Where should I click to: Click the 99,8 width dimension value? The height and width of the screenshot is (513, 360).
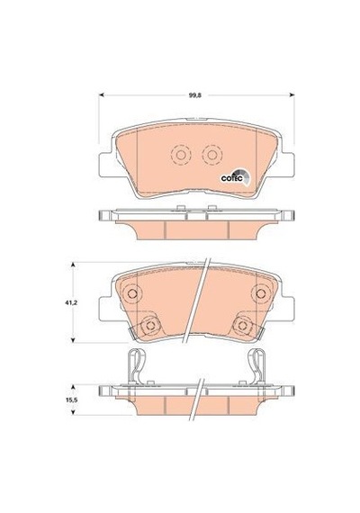[194, 95]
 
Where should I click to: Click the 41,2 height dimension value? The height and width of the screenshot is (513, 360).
[70, 303]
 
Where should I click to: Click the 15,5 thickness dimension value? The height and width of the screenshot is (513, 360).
[70, 400]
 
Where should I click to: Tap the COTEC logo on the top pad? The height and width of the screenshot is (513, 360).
[236, 176]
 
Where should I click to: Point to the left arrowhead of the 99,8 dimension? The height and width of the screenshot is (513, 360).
[102, 95]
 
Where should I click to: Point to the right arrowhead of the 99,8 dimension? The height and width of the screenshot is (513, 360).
[292, 95]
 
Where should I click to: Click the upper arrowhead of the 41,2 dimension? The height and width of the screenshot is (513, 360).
[74, 265]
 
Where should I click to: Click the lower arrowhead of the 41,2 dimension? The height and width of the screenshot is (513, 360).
[74, 339]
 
